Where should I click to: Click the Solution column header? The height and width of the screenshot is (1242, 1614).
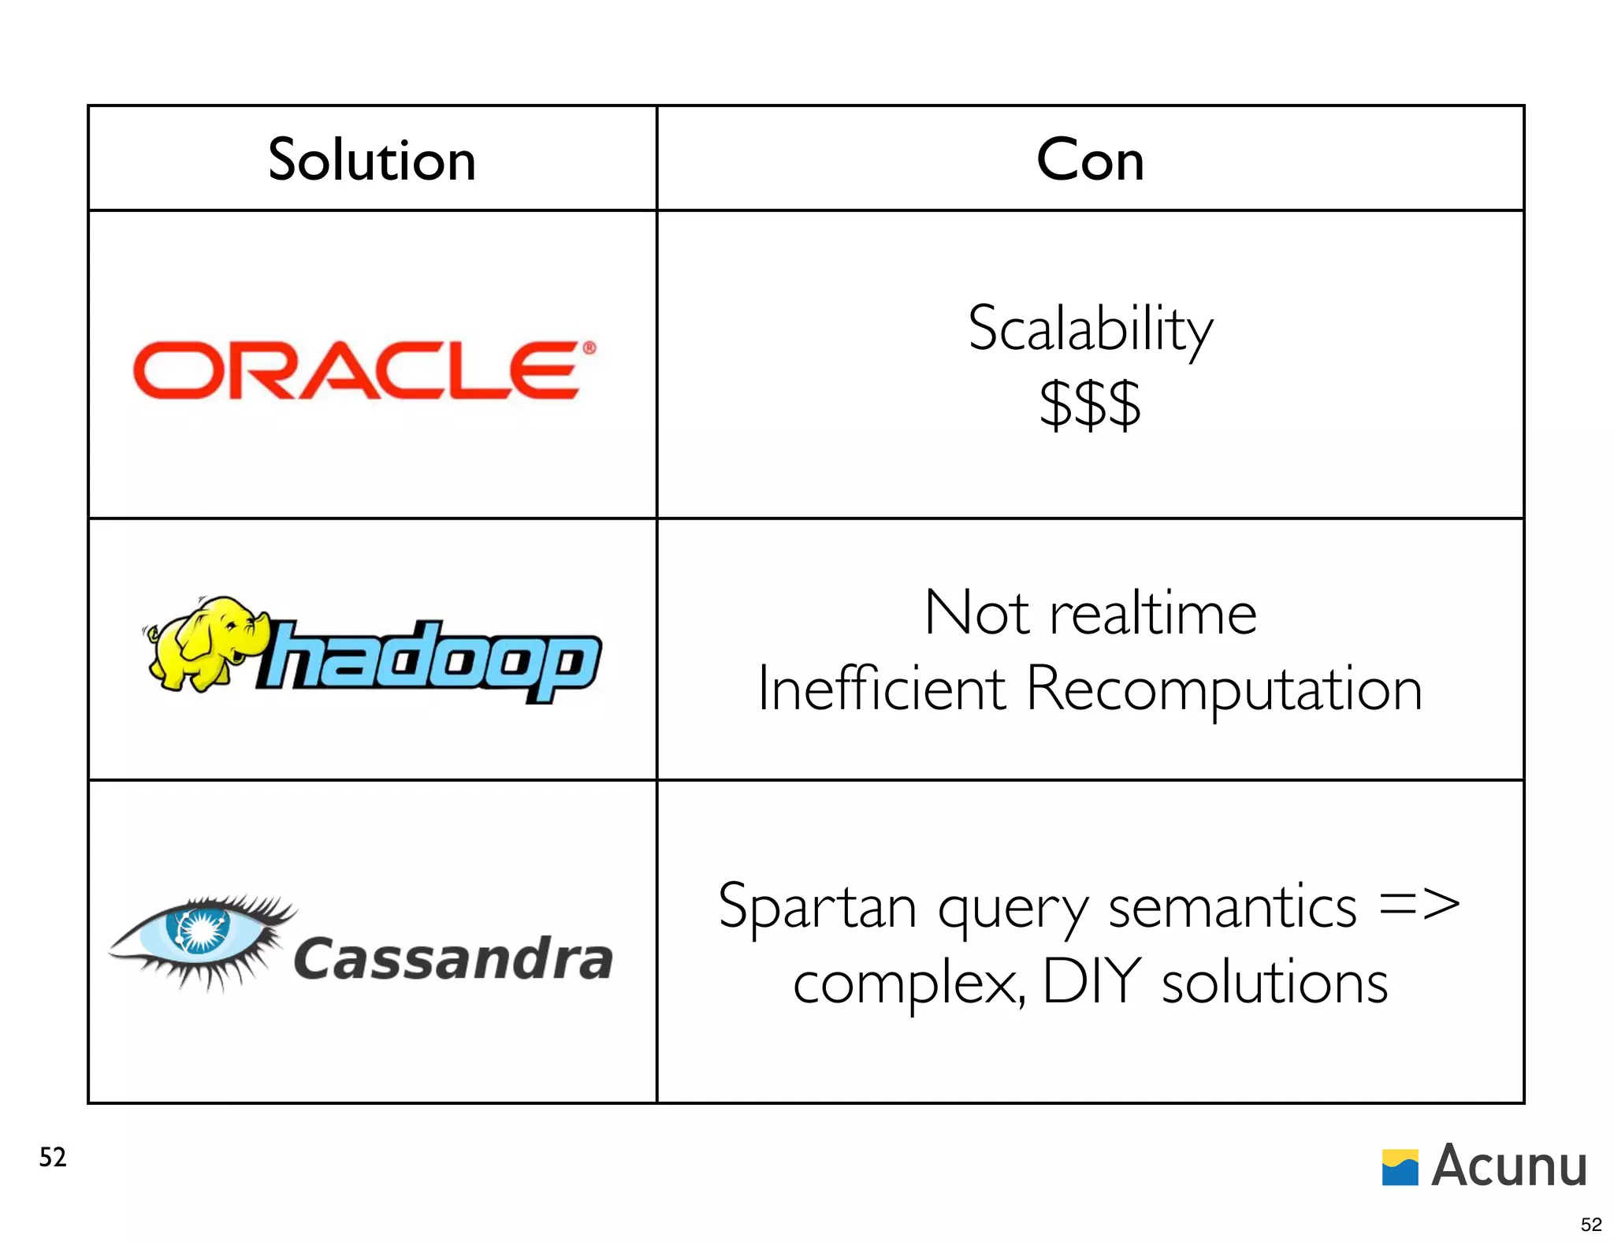pyautogui.click(x=372, y=160)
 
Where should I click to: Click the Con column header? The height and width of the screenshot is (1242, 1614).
pyautogui.click(x=1090, y=160)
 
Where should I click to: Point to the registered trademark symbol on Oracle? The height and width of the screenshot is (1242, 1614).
pyautogui.click(x=589, y=348)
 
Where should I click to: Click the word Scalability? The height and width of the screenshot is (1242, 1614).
pyautogui.click(x=1091, y=329)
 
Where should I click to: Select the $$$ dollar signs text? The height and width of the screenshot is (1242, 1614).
pyautogui.click(x=1090, y=404)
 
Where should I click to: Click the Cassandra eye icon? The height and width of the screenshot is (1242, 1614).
pyautogui.click(x=200, y=938)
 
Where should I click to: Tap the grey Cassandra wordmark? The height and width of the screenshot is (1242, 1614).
pyautogui.click(x=453, y=960)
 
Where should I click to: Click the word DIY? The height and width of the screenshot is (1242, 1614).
pyautogui.click(x=1092, y=982)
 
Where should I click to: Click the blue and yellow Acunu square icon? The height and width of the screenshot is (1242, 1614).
pyautogui.click(x=1400, y=1167)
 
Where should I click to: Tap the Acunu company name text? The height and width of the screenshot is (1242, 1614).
pyautogui.click(x=1508, y=1166)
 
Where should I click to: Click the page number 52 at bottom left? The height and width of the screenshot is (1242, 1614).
pyautogui.click(x=53, y=1157)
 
